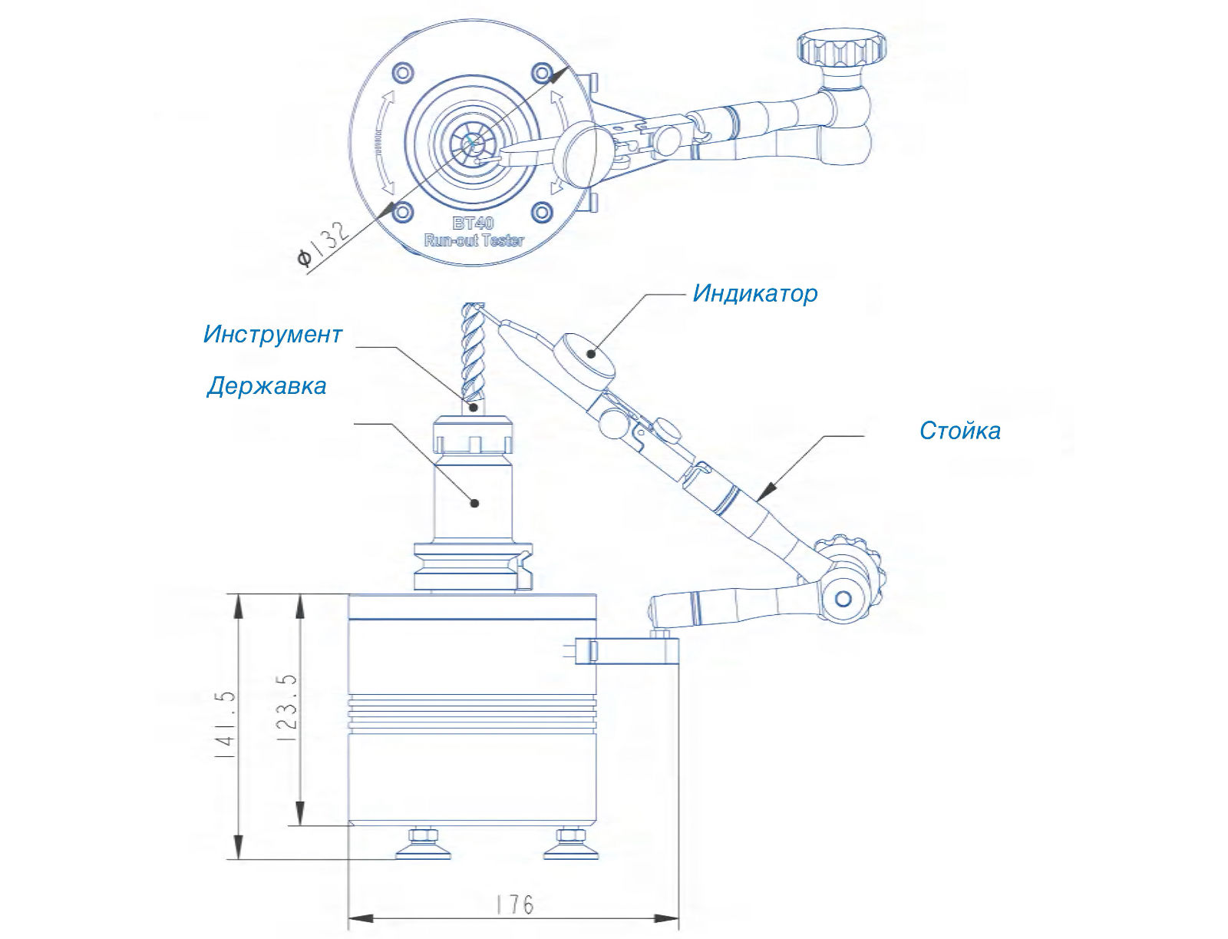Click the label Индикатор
click(x=754, y=293)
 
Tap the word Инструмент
click(x=272, y=334)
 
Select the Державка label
click(x=266, y=385)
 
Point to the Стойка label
click(x=959, y=431)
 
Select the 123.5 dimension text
click(x=286, y=707)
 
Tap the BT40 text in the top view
click(x=473, y=223)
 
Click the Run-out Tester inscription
click(x=474, y=240)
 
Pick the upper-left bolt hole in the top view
click(x=402, y=73)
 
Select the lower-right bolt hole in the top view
click(x=542, y=212)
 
